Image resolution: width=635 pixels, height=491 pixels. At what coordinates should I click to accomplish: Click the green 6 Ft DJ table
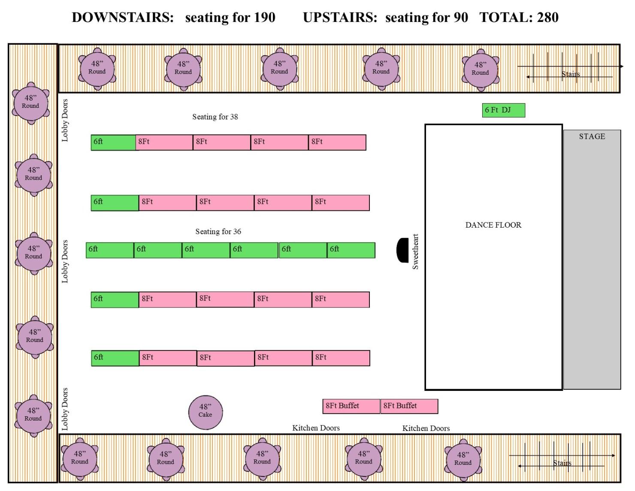(x=503, y=110)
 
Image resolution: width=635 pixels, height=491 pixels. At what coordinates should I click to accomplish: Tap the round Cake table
(x=206, y=412)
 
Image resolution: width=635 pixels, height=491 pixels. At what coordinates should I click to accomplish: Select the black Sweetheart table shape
(x=402, y=250)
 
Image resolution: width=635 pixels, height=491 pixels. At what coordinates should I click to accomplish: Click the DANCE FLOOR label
(x=493, y=225)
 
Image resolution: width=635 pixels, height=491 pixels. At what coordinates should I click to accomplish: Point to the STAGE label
(x=592, y=137)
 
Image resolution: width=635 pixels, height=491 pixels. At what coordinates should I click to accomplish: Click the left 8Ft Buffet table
(x=351, y=406)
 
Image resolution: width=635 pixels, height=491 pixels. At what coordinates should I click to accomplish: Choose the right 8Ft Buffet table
(x=409, y=406)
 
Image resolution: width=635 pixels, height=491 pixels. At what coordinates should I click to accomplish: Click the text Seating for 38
(x=215, y=117)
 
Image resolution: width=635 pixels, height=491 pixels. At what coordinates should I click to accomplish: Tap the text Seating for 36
(x=218, y=232)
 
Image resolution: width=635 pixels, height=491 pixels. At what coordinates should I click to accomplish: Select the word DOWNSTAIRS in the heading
(x=123, y=18)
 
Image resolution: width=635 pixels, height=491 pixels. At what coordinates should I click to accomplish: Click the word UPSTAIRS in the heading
(x=340, y=18)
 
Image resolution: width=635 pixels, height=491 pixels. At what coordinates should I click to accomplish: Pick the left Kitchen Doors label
(x=316, y=428)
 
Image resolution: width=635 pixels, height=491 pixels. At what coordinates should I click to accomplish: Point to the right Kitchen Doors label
(x=426, y=428)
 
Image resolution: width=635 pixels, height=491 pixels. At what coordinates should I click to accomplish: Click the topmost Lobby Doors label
(x=65, y=120)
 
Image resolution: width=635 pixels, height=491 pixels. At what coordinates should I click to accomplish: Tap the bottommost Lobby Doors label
(x=65, y=409)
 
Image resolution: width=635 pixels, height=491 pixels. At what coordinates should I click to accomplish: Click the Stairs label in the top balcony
(x=570, y=74)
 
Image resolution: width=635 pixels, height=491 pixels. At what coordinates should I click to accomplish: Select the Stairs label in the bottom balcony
(x=562, y=463)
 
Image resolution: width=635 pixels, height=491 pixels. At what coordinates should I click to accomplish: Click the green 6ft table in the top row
(x=114, y=143)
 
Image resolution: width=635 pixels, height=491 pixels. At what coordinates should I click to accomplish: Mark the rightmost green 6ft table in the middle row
(x=351, y=250)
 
